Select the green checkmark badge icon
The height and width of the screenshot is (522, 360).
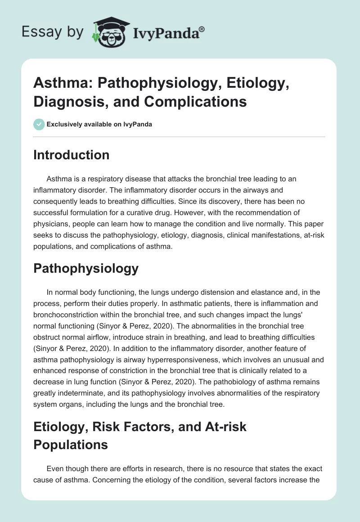(39, 124)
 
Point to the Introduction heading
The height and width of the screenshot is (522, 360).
(71, 155)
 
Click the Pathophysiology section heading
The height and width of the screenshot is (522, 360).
(86, 269)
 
